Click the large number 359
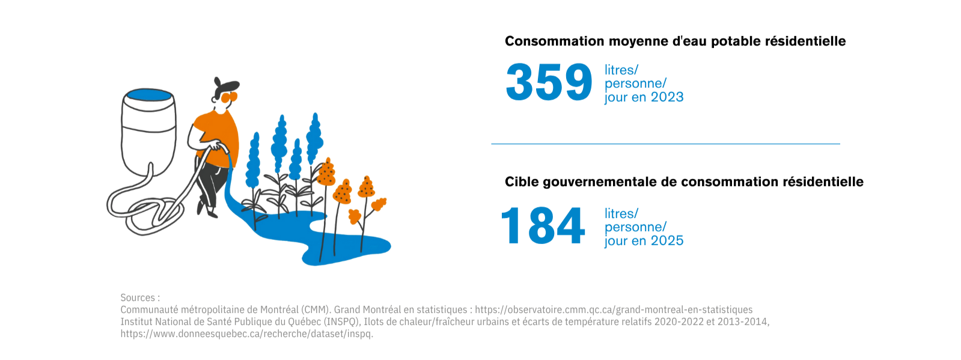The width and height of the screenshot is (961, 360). (x=549, y=82)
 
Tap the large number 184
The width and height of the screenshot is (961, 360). (x=543, y=226)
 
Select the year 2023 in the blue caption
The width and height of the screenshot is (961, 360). (x=667, y=97)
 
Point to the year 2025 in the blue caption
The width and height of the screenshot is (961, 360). (x=667, y=241)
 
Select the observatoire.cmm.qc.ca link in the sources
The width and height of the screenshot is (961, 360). (x=614, y=310)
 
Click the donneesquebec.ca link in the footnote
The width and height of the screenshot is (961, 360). (x=246, y=334)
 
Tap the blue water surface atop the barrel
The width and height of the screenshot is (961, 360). (x=149, y=95)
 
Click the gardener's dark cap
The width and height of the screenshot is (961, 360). (x=225, y=85)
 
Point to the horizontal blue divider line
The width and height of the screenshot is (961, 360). (x=665, y=144)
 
